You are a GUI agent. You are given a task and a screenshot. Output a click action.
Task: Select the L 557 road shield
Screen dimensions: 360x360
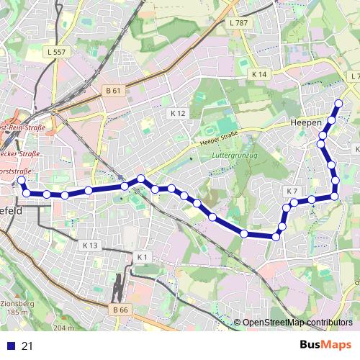pos(55,53)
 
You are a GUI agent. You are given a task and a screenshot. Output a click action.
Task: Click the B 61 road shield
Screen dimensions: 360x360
pos(113,91)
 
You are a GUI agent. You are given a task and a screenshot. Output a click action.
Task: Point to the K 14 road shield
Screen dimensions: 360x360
pos(260,74)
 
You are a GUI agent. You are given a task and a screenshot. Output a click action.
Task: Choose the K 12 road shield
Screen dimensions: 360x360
pos(178,114)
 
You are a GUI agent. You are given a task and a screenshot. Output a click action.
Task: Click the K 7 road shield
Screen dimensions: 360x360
pos(292,191)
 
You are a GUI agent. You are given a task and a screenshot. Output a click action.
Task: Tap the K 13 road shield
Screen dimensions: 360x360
pos(89,246)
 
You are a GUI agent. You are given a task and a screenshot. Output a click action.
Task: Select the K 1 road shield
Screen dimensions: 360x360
pos(142,257)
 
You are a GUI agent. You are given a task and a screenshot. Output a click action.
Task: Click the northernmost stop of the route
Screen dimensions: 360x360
pos(338,103)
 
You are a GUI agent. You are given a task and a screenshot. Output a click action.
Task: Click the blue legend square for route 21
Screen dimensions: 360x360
pos(11,346)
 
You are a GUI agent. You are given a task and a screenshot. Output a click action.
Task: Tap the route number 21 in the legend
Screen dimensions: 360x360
pos(28,346)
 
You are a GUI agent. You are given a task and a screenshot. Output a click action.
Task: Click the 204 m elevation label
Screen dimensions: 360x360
pos(63,328)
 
